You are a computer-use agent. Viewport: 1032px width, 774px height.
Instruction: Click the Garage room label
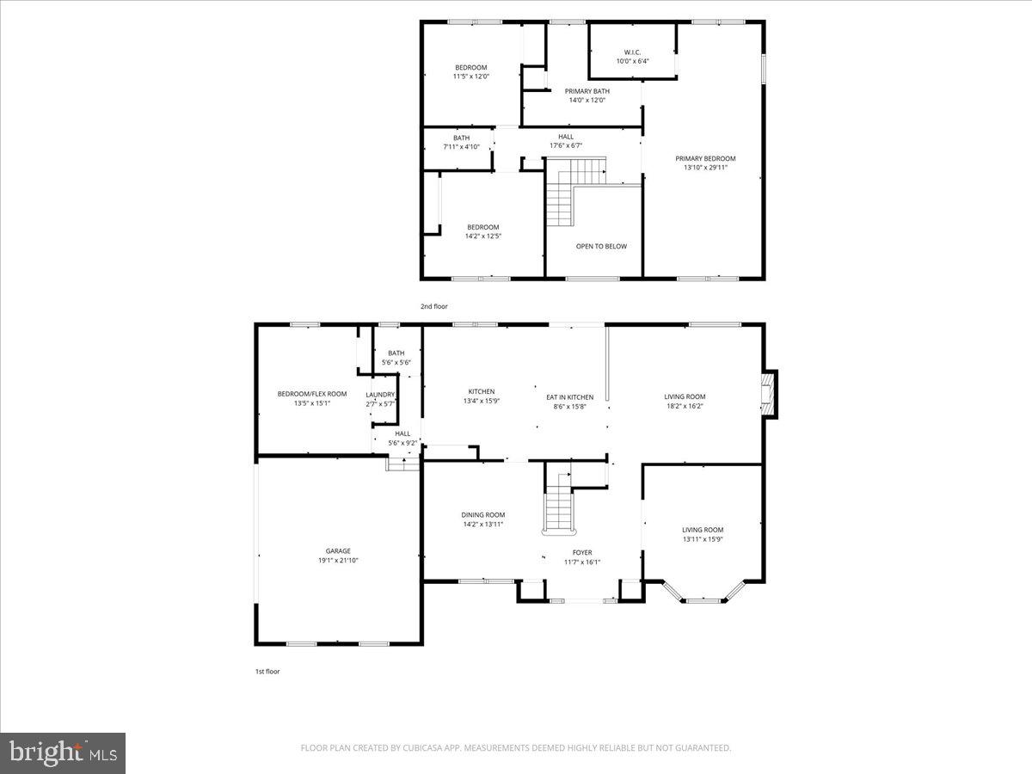[x=338, y=551]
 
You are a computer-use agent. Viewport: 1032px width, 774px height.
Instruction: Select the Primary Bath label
[x=587, y=91]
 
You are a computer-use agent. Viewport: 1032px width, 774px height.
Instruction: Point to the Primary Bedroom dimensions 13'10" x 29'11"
[x=705, y=168]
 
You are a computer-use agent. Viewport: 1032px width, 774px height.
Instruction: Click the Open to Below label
[x=601, y=246]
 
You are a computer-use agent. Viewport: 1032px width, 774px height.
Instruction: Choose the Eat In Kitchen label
[x=570, y=397]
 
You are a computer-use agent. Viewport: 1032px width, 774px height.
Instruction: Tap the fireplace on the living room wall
[x=771, y=395]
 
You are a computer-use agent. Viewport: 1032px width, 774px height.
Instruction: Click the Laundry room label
[x=380, y=395]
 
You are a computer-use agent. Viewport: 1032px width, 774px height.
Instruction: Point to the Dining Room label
[x=482, y=515]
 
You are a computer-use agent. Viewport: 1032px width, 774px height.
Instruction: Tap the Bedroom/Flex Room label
[x=312, y=394]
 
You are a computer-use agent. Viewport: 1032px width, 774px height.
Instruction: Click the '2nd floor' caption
[x=433, y=306]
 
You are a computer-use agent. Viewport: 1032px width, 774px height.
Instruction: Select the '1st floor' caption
[x=266, y=671]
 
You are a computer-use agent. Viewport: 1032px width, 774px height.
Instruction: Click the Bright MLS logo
[x=63, y=752]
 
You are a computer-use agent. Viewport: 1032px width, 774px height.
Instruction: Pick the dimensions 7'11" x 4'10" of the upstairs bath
[x=462, y=146]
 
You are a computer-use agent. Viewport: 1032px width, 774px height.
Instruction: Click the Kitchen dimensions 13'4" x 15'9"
[x=482, y=401]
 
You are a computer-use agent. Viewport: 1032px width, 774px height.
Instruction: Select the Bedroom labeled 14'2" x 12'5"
[x=482, y=227]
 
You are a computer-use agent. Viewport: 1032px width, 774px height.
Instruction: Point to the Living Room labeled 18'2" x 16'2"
[x=685, y=396]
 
